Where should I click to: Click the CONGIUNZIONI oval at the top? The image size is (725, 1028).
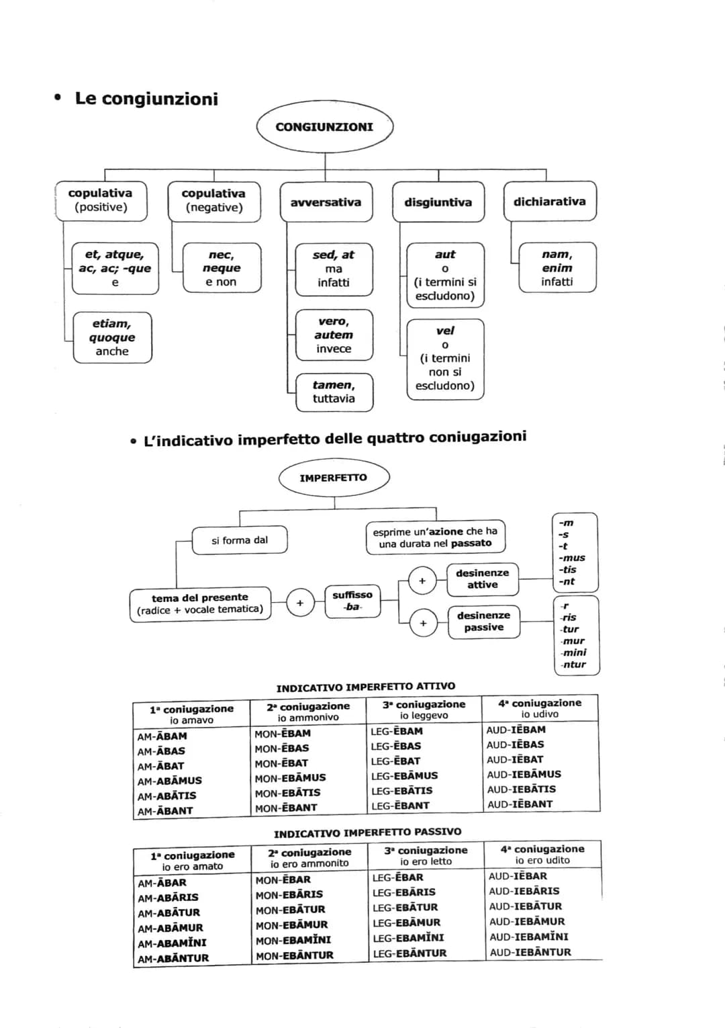coord(324,127)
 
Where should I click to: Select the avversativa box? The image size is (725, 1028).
coord(326,202)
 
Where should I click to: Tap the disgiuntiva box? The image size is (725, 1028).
coord(438,202)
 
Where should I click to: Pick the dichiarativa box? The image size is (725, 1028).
coord(549,202)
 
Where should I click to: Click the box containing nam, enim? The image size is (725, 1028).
coord(557,267)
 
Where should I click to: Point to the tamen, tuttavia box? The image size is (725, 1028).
coord(334,392)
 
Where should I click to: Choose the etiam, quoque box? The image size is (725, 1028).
coord(112,337)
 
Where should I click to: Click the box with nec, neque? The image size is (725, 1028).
coord(221,267)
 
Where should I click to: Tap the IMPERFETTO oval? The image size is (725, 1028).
coord(334,478)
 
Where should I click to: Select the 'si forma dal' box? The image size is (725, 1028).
coord(240,540)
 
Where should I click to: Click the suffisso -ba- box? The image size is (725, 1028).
coord(352,601)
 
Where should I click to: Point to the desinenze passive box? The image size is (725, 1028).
coord(483,621)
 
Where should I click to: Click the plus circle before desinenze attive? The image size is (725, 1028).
coord(422,581)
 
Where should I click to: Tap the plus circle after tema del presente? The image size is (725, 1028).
coord(300,603)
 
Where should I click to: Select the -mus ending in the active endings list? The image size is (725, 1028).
coord(572,558)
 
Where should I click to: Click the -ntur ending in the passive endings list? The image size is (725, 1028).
coord(574,665)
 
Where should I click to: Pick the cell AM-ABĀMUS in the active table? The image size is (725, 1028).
coord(169,781)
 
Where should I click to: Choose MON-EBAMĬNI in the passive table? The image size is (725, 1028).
coord(293,940)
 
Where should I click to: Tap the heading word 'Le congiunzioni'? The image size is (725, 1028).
coord(146,99)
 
